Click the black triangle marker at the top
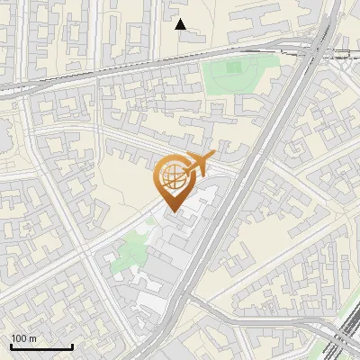tap(181, 24)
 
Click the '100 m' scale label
tap(23, 338)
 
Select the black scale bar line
tap(41, 346)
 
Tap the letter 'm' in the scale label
tap(32, 338)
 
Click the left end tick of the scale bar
tap(11, 345)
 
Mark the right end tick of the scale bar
tap(72, 345)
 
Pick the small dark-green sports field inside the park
tap(233, 67)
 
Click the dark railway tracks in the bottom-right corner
tap(342, 337)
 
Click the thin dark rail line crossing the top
tap(135, 67)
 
